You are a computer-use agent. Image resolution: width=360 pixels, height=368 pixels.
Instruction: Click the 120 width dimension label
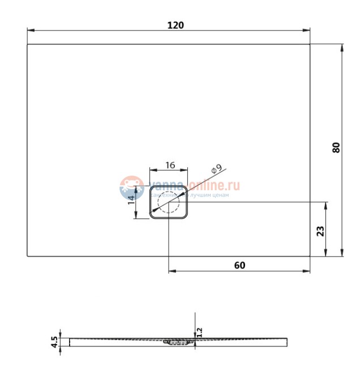(175, 25)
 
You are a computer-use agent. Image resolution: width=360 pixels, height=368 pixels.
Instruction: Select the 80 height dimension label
(336, 148)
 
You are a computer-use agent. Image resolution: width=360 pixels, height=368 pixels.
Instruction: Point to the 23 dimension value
(320, 231)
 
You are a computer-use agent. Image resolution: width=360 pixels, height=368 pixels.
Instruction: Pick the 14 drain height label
(132, 198)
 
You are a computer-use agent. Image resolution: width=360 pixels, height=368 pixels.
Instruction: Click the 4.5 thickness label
(54, 341)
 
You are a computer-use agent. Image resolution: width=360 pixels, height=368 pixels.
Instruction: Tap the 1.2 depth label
(199, 330)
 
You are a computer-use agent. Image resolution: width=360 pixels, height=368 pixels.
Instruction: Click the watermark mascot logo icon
(131, 187)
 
